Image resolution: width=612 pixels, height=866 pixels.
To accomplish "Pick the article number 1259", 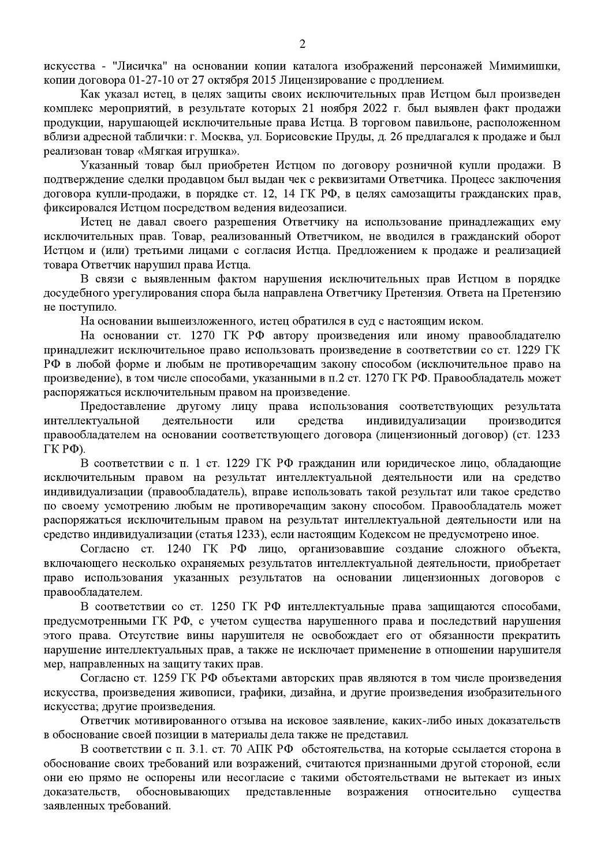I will (167, 677).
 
